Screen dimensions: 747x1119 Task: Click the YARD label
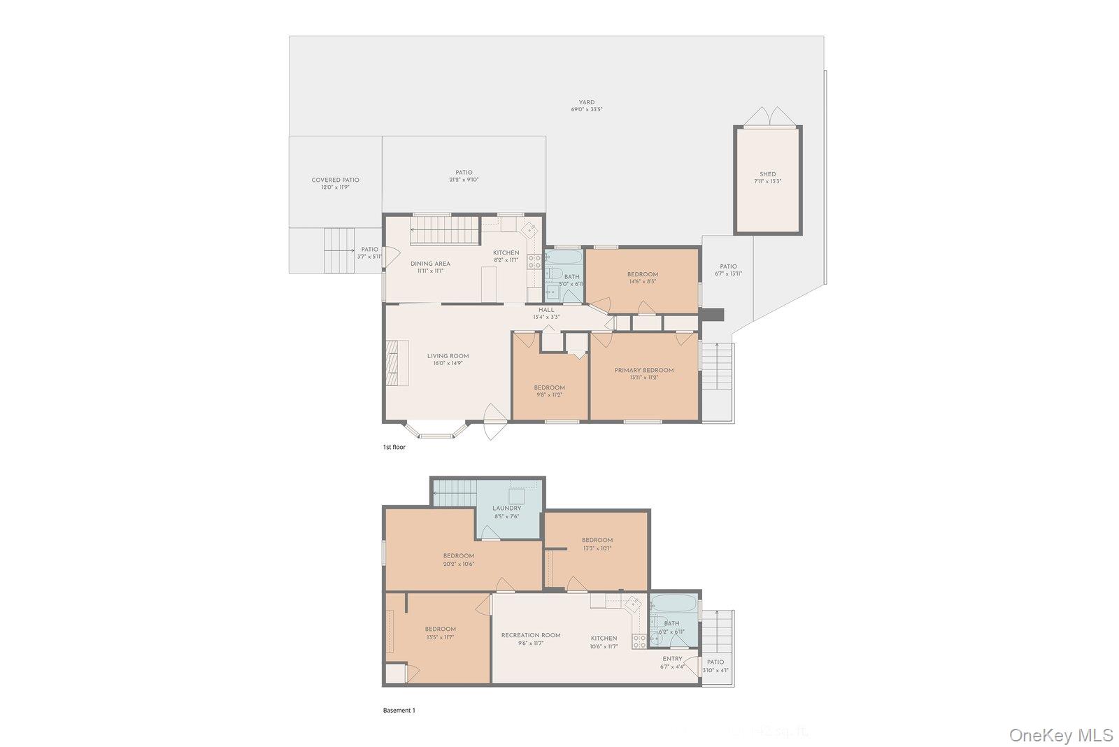[586, 102]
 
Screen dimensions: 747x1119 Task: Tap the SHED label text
[767, 174]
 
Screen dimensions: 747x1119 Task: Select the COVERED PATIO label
[335, 180]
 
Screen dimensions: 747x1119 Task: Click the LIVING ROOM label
[448, 356]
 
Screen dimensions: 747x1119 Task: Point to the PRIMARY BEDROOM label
[643, 370]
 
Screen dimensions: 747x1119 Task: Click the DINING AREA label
[430, 264]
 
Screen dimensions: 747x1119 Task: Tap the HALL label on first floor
[546, 310]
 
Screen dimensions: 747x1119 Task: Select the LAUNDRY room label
[506, 508]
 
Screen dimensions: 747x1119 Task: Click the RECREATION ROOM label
[530, 635]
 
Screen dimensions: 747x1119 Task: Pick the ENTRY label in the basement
[672, 659]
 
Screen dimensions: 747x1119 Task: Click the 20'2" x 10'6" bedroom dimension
[458, 564]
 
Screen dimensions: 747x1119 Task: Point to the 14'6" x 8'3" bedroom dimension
[642, 282]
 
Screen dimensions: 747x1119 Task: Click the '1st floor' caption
[394, 447]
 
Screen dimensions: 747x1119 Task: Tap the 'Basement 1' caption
[399, 711]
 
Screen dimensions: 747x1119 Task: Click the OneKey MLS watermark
[1061, 734]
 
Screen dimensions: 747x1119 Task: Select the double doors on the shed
[767, 118]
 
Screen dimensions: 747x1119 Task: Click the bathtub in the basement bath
[673, 604]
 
